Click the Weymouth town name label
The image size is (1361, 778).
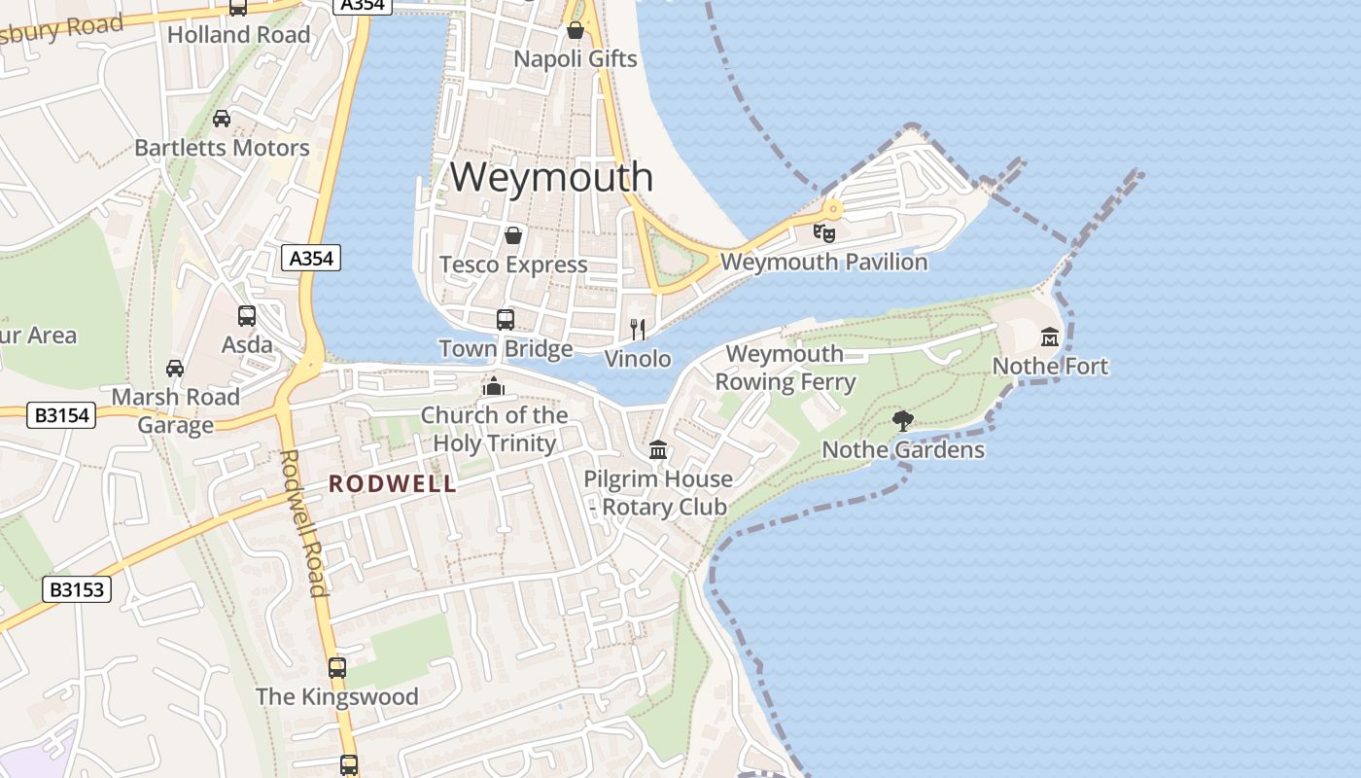tap(551, 177)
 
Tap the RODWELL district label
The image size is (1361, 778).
tap(392, 483)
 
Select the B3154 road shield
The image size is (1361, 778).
tap(62, 415)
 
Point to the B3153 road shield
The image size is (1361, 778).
tap(77, 589)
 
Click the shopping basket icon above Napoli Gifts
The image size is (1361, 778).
tap(576, 30)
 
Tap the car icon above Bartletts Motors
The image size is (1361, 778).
tap(222, 119)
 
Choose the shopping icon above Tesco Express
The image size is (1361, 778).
tap(513, 235)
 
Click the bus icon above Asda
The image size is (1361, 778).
tap(247, 316)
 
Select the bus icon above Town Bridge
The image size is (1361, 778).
tap(506, 319)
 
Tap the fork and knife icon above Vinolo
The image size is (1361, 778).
tap(638, 329)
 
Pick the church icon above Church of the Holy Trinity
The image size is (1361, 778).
tap(494, 387)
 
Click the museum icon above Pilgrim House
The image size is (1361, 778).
tap(658, 450)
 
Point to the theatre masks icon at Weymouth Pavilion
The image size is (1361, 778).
tap(824, 232)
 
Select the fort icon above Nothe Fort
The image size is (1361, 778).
tap(1050, 337)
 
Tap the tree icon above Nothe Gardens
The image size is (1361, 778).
tap(903, 421)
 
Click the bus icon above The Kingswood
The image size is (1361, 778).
tap(337, 668)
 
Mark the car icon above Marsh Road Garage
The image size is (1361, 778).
tap(175, 368)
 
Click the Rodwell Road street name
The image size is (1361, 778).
tap(303, 522)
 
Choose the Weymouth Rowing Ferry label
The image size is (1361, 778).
tap(785, 368)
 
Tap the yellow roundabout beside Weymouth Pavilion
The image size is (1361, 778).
tap(833, 208)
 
